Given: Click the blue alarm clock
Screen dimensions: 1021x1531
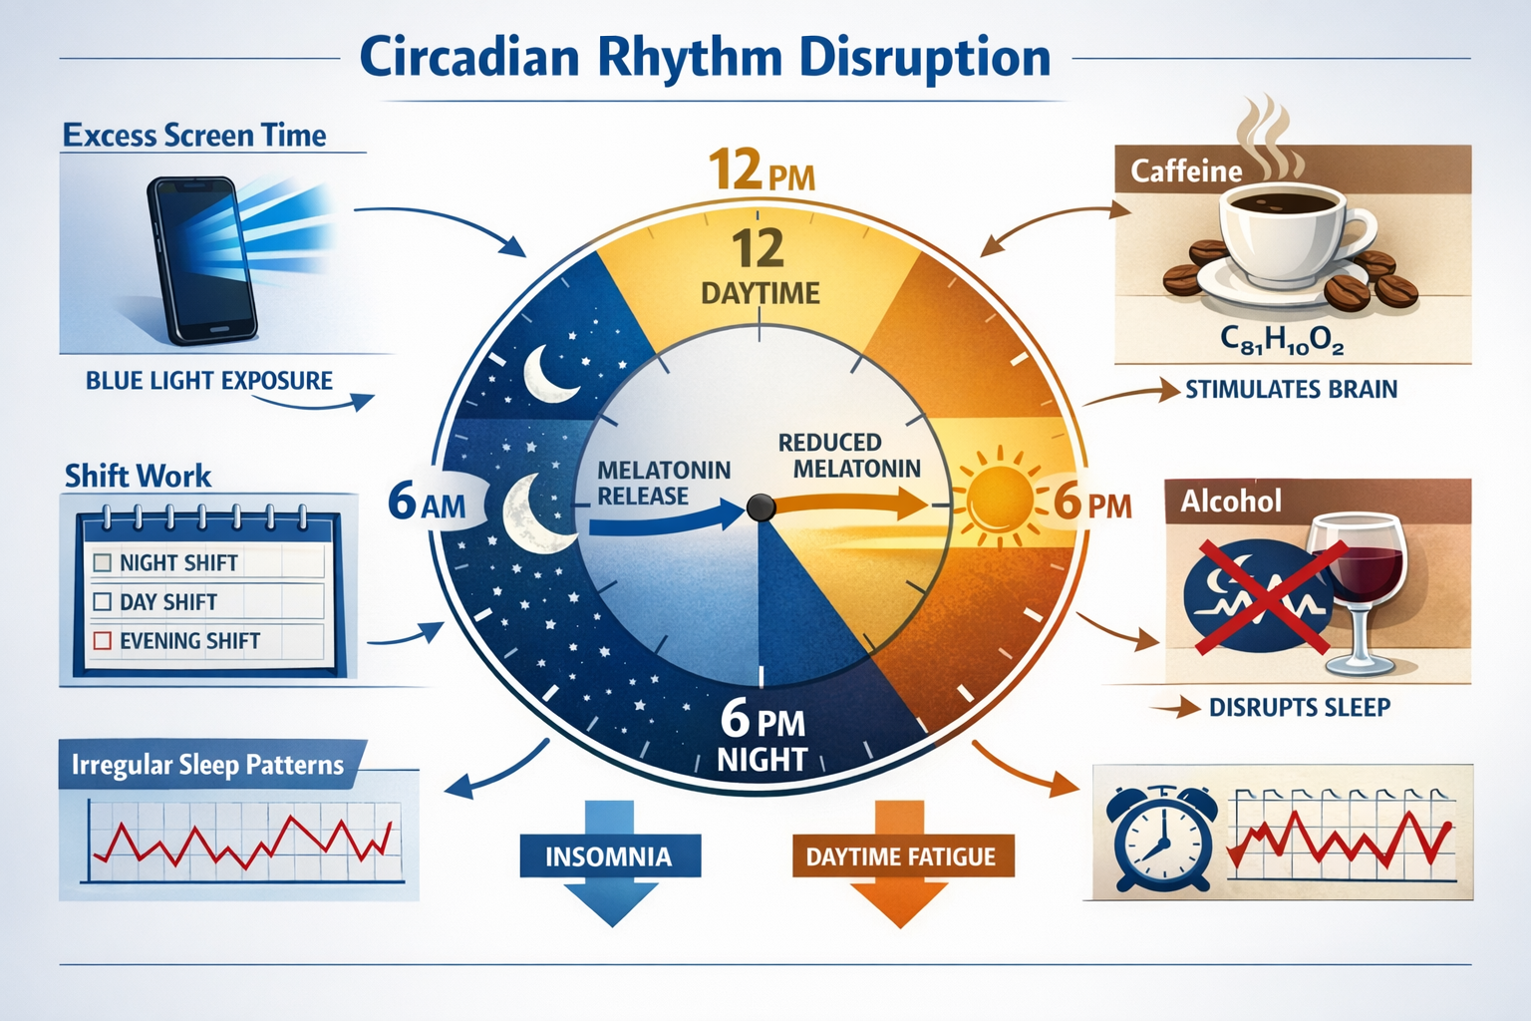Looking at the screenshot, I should pyautogui.click(x=1162, y=838).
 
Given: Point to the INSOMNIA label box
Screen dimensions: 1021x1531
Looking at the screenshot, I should pyautogui.click(x=609, y=856).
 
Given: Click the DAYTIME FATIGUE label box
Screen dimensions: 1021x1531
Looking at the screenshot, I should pyautogui.click(x=901, y=856).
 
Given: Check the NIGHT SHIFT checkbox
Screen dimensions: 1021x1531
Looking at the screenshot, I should pyautogui.click(x=102, y=562).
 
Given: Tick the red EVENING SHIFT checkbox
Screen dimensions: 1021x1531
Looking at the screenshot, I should pyautogui.click(x=102, y=641).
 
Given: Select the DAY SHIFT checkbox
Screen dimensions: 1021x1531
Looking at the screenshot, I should pyautogui.click(x=102, y=602).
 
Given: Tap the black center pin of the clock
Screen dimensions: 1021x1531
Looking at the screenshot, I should pyautogui.click(x=761, y=508).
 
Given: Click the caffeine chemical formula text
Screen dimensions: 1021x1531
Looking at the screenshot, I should pyautogui.click(x=1282, y=341).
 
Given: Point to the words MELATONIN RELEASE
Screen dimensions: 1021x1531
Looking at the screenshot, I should pyautogui.click(x=662, y=483).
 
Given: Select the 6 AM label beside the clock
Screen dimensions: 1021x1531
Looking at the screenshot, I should pyautogui.click(x=427, y=503).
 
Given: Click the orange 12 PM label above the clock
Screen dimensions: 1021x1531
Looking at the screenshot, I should pyautogui.click(x=761, y=171).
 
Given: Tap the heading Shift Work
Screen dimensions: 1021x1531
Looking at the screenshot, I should pyautogui.click(x=138, y=476).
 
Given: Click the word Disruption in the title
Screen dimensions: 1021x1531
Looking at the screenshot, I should pyautogui.click(x=925, y=57).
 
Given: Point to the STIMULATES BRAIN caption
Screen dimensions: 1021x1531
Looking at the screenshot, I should pyautogui.click(x=1291, y=389).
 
